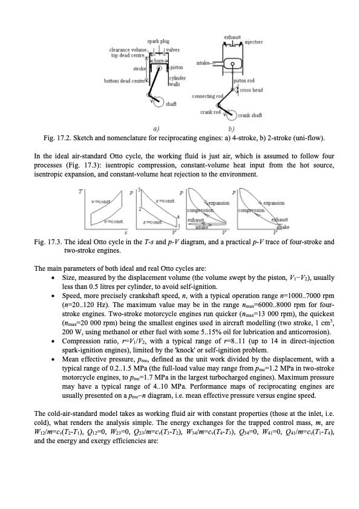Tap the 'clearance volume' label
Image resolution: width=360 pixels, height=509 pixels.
coord(128,49)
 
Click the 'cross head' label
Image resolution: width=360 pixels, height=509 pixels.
coord(251,89)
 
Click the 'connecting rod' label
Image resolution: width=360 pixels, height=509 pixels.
coord(207,96)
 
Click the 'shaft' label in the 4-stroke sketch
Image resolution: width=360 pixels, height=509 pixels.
coord(171,105)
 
